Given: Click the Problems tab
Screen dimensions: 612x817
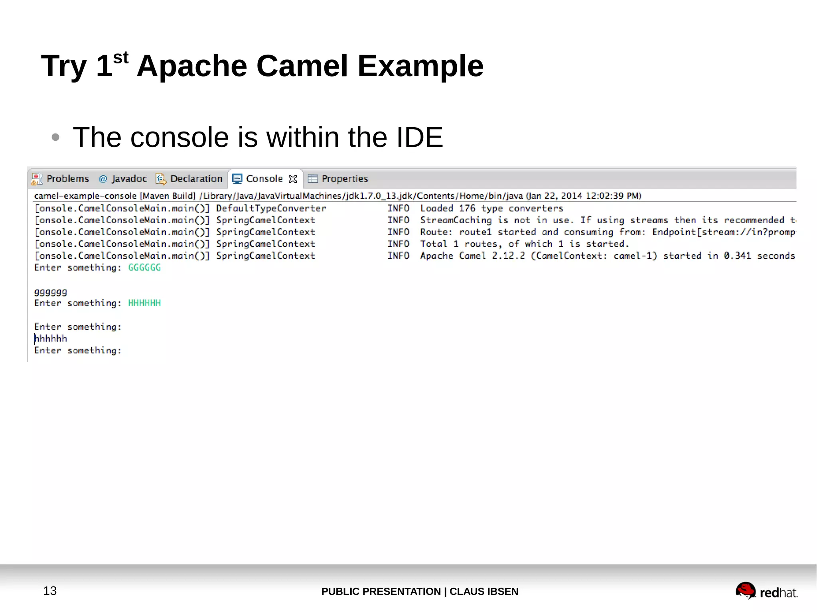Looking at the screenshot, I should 61,179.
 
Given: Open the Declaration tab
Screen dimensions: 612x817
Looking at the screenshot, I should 189,179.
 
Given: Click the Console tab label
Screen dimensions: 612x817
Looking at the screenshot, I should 264,179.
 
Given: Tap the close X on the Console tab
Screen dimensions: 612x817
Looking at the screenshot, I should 293,179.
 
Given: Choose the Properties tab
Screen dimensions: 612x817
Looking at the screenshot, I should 338,179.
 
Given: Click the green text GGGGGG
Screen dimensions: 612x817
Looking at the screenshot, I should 144,268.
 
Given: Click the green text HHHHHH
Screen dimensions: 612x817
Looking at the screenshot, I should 144,303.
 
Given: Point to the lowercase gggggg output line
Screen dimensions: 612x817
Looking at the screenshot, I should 51,292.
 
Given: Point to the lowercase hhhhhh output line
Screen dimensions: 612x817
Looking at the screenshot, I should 51,338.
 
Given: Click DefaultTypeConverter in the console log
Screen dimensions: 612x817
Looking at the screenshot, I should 271,208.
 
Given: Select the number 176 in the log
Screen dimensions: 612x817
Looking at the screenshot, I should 467,208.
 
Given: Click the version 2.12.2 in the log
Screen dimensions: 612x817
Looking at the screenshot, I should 508,256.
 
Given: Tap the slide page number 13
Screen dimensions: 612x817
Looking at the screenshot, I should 50,591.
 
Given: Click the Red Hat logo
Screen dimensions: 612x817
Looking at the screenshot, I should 766,591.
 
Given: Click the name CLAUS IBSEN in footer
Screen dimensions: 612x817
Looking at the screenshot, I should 483,591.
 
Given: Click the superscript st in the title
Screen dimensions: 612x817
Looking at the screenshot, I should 120,58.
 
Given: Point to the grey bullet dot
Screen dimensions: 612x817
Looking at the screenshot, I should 55,138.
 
